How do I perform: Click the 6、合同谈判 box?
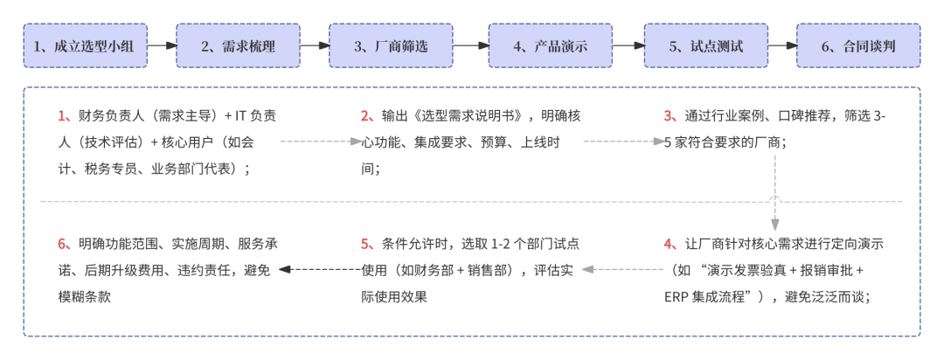(x=858, y=45)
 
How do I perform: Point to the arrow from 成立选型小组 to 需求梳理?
(x=161, y=45)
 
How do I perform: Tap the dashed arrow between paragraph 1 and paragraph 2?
(x=320, y=140)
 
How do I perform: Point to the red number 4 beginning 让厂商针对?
(x=670, y=244)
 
